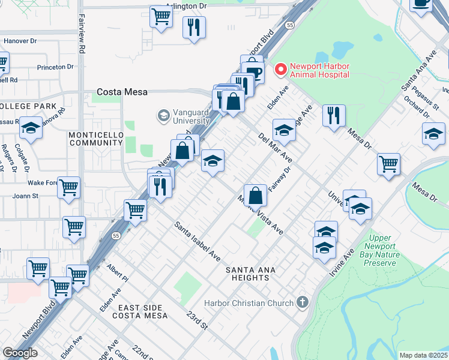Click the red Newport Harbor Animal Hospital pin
(280, 70)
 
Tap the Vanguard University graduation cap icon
(162, 115)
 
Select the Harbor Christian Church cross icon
(303, 303)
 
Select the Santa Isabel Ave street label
(197, 241)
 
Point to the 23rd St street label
(196, 320)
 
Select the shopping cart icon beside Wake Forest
(68, 187)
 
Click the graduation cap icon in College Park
(30, 128)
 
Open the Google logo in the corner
(20, 352)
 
